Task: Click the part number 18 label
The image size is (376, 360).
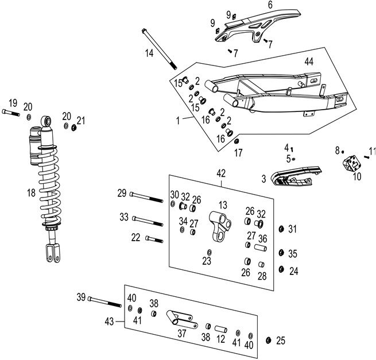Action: pyautogui.click(x=14, y=193)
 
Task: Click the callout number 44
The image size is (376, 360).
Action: pyautogui.click(x=308, y=61)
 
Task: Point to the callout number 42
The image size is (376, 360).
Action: pyautogui.click(x=222, y=173)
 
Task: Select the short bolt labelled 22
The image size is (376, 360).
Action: pyautogui.click(x=154, y=238)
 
